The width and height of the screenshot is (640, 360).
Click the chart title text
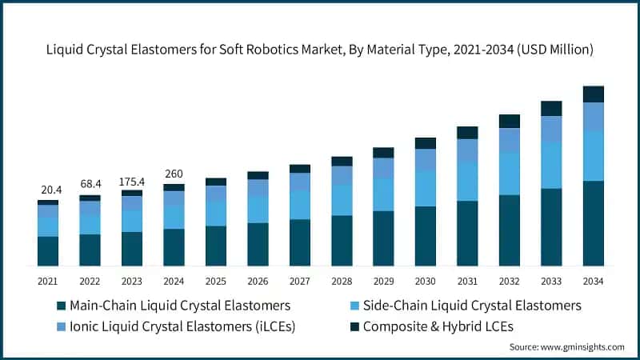point(320,50)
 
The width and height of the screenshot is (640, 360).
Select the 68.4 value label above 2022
point(90,185)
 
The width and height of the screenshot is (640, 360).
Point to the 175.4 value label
point(131,181)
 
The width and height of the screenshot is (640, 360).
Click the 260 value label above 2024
point(174,174)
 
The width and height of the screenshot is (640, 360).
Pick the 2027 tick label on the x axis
point(299,281)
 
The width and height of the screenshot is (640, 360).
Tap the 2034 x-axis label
point(593,281)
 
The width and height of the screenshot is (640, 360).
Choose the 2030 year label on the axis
point(425,281)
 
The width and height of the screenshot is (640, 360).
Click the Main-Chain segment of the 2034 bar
point(593,223)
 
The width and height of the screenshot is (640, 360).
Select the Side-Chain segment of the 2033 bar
point(551,166)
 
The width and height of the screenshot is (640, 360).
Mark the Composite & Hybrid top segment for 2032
point(510,121)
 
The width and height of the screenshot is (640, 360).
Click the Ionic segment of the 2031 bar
point(467,150)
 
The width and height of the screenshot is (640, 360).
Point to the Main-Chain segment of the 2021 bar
point(48,251)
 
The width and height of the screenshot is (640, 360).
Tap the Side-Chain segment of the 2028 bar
point(342,200)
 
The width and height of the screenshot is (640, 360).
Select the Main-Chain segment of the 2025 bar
point(216,246)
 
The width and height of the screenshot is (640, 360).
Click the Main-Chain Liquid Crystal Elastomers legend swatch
point(61,306)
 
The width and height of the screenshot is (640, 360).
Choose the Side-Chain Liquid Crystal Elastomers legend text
point(472,306)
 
